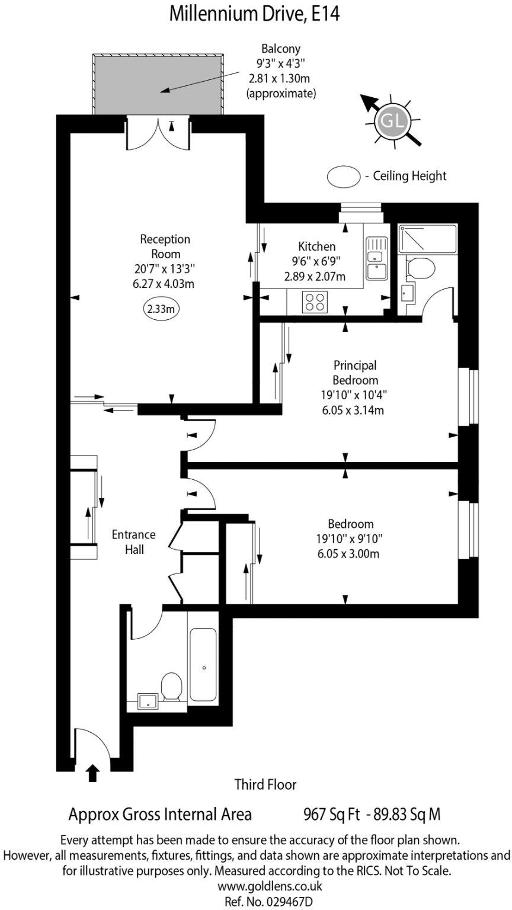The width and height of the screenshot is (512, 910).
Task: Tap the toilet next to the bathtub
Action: tap(172, 687)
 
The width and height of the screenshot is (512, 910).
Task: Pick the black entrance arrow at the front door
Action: tap(92, 773)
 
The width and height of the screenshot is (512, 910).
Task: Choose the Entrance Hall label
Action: tap(134, 541)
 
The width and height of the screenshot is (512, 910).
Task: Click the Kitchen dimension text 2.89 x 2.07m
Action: tap(315, 276)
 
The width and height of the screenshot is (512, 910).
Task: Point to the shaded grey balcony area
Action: tap(158, 84)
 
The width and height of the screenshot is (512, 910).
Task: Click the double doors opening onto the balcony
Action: tap(159, 133)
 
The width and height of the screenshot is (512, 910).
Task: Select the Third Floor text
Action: tap(265, 784)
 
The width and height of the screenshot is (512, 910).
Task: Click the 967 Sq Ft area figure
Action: tap(332, 814)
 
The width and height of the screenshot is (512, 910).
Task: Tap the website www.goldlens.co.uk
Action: tap(270, 887)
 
